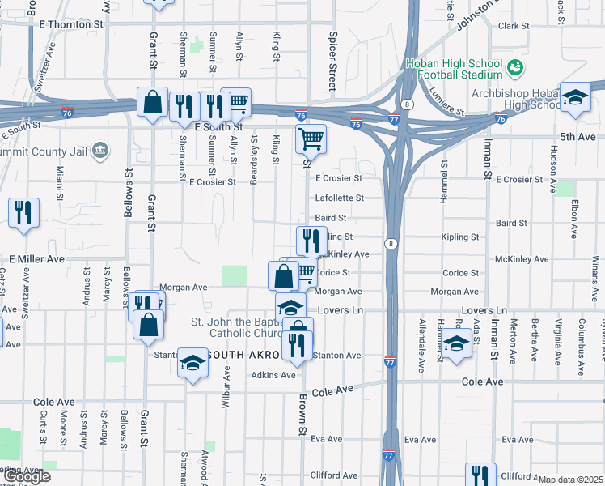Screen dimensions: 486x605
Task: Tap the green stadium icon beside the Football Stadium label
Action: pos(514,66)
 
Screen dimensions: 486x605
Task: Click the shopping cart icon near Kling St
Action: pos(311,139)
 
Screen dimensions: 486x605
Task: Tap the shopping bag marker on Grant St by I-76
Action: pos(152,103)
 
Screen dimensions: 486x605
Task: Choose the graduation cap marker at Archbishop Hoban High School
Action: pos(574,98)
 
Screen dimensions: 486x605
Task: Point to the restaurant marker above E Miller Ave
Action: pos(23,214)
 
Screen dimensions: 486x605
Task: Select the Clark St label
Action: pos(513,26)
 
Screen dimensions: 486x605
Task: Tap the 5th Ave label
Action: pos(578,137)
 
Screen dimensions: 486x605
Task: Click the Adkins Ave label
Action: pos(273,375)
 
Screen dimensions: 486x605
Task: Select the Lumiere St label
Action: pos(446,101)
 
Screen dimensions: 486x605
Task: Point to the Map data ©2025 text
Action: pos(571,480)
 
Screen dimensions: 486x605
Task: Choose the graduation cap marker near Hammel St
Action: pos(456,343)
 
